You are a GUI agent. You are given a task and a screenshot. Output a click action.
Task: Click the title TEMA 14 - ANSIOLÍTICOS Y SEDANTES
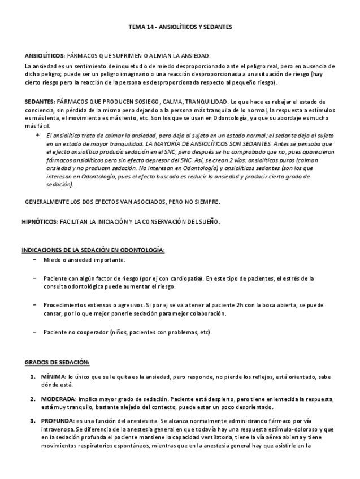pyautogui.click(x=180, y=27)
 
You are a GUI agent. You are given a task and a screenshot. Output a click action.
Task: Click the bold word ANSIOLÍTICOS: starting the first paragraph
pyautogui.click(x=45, y=56)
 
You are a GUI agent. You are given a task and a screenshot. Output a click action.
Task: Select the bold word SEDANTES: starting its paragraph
pyautogui.click(x=40, y=102)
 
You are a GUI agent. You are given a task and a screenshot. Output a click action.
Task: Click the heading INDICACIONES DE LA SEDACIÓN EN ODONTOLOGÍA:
pyautogui.click(x=93, y=250)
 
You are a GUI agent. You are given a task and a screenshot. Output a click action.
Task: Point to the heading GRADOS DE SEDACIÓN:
pyautogui.click(x=57, y=362)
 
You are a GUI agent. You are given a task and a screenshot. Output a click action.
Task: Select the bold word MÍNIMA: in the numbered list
pyautogui.click(x=54, y=376)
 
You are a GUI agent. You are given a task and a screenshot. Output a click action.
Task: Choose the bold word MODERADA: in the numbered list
pyautogui.click(x=58, y=399)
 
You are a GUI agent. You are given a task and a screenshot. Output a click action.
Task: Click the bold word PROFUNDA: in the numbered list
pyautogui.click(x=57, y=421)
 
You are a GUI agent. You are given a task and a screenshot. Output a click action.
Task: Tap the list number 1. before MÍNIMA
pyautogui.click(x=33, y=376)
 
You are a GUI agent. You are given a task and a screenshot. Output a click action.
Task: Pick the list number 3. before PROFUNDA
pyautogui.click(x=33, y=421)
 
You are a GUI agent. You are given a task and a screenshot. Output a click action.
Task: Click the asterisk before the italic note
pyautogui.click(x=37, y=136)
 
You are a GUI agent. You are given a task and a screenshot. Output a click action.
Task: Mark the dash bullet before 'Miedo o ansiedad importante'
pyautogui.click(x=35, y=260)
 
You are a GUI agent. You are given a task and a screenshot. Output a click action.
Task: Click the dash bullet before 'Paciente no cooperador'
pyautogui.click(x=35, y=332)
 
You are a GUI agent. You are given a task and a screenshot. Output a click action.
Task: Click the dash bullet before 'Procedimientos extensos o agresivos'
pyautogui.click(x=35, y=305)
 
